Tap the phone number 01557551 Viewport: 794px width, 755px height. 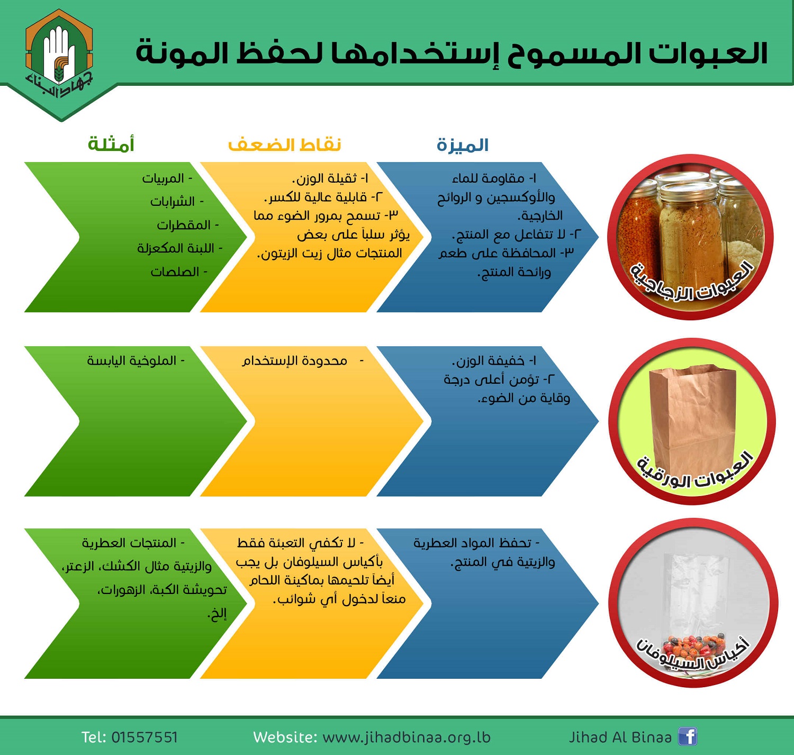144,737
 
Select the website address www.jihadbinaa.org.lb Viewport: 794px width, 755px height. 407,738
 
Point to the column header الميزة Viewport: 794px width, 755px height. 463,145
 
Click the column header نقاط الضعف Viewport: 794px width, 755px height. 284,145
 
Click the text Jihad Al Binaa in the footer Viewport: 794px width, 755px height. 620,737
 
